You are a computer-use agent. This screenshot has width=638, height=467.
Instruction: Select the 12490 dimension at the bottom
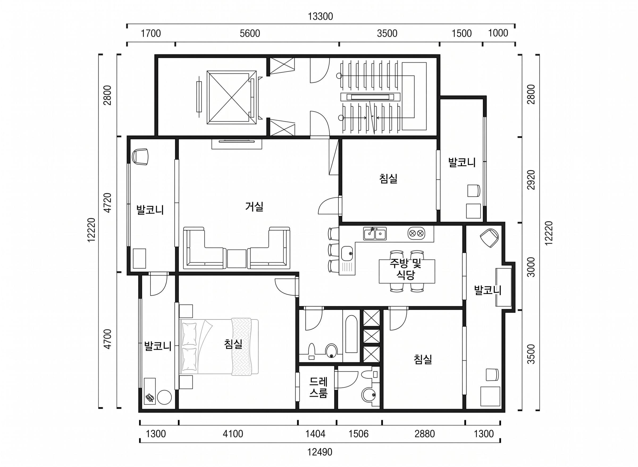coord(320,452)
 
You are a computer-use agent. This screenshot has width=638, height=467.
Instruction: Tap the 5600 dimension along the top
coord(250,34)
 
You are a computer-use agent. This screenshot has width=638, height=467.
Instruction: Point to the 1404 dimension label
coord(315,434)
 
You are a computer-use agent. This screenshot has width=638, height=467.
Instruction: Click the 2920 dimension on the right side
coord(531,180)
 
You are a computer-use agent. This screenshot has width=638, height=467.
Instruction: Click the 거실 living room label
coord(254,207)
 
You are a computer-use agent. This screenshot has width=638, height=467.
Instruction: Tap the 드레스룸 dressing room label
coord(318,388)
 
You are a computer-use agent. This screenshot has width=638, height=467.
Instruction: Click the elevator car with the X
coord(232,98)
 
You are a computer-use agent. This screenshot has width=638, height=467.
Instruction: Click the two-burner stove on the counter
coord(416,233)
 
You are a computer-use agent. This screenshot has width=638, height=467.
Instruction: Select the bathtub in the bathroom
coord(351,334)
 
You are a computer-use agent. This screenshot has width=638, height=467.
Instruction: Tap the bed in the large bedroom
coord(219,347)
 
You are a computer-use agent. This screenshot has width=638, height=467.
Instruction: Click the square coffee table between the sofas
coord(237,259)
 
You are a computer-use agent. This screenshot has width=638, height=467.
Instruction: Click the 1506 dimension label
coord(359,434)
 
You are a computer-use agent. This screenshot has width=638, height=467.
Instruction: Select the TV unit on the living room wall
coord(237,144)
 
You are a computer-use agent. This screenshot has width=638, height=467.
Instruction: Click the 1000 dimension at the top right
coord(498,33)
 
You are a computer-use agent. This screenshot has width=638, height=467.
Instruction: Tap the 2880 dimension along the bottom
coord(425,434)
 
